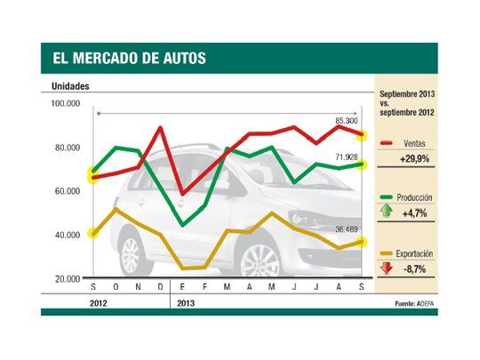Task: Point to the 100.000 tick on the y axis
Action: [x=67, y=104]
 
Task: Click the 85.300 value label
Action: [x=347, y=121]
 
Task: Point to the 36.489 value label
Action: [x=346, y=229]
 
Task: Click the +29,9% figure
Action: [x=411, y=157]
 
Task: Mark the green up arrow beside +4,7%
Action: [x=386, y=212]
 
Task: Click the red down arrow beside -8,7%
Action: [x=386, y=267]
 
